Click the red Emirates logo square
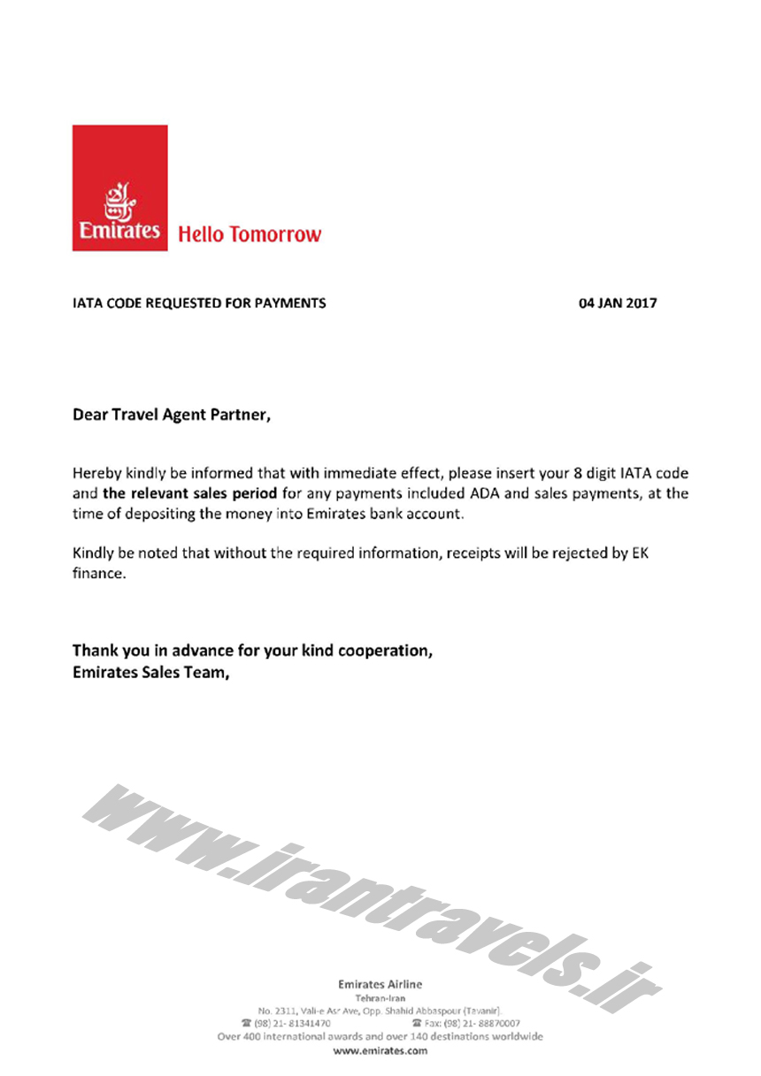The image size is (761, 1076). pyautogui.click(x=119, y=187)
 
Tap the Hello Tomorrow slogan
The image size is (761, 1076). pyautogui.click(x=250, y=234)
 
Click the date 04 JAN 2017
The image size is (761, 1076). pyautogui.click(x=618, y=303)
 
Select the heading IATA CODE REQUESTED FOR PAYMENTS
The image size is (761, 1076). pyautogui.click(x=199, y=303)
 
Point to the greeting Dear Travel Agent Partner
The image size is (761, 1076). pyautogui.click(x=171, y=413)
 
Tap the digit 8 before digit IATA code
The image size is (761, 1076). pyautogui.click(x=578, y=473)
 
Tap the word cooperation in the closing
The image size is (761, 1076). pyautogui.click(x=381, y=652)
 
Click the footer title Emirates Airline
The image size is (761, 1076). pyautogui.click(x=380, y=984)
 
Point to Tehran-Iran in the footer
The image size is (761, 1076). pyautogui.click(x=380, y=997)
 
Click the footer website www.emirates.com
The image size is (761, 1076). pyautogui.click(x=380, y=1051)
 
